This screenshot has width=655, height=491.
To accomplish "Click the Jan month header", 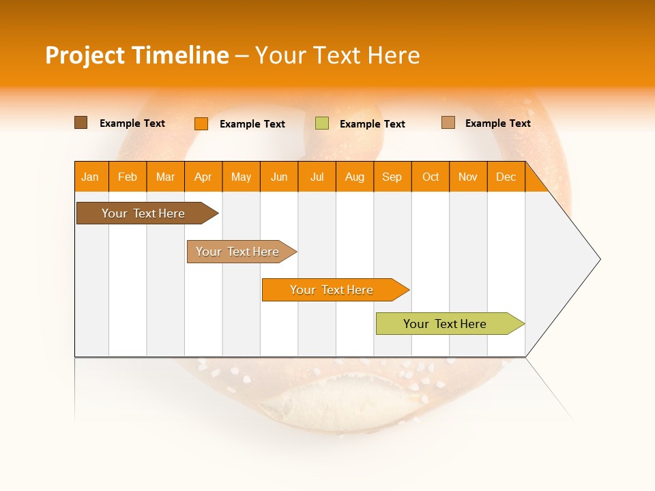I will point(91,177).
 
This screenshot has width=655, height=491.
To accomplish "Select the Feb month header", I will point(128,177).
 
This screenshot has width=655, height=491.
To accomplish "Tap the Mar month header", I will point(165,177).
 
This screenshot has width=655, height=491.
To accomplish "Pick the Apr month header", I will point(203,177).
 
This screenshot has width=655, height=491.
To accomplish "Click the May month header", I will point(241,177).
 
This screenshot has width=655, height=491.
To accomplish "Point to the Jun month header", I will point(279,177).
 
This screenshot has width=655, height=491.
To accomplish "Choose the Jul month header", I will point(317,177).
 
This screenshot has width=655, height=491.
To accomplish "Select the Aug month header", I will point(355,177).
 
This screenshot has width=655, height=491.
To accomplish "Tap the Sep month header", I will point(392,177).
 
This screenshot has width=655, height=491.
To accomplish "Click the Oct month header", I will point(431,177).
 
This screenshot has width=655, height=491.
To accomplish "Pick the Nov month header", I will point(468,177).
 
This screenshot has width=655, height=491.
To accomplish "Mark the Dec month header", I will point(506,177).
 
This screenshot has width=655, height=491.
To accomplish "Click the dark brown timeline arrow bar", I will point(144,213).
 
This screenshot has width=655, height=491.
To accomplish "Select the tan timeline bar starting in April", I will point(238,252).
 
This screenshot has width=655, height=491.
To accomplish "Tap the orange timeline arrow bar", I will point(332,290).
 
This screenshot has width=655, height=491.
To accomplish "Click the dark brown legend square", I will point(81,123).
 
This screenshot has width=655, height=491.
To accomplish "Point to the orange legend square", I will point(201,123).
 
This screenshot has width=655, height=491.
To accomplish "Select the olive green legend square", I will point(322,123).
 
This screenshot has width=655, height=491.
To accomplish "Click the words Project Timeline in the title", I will point(137,55).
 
